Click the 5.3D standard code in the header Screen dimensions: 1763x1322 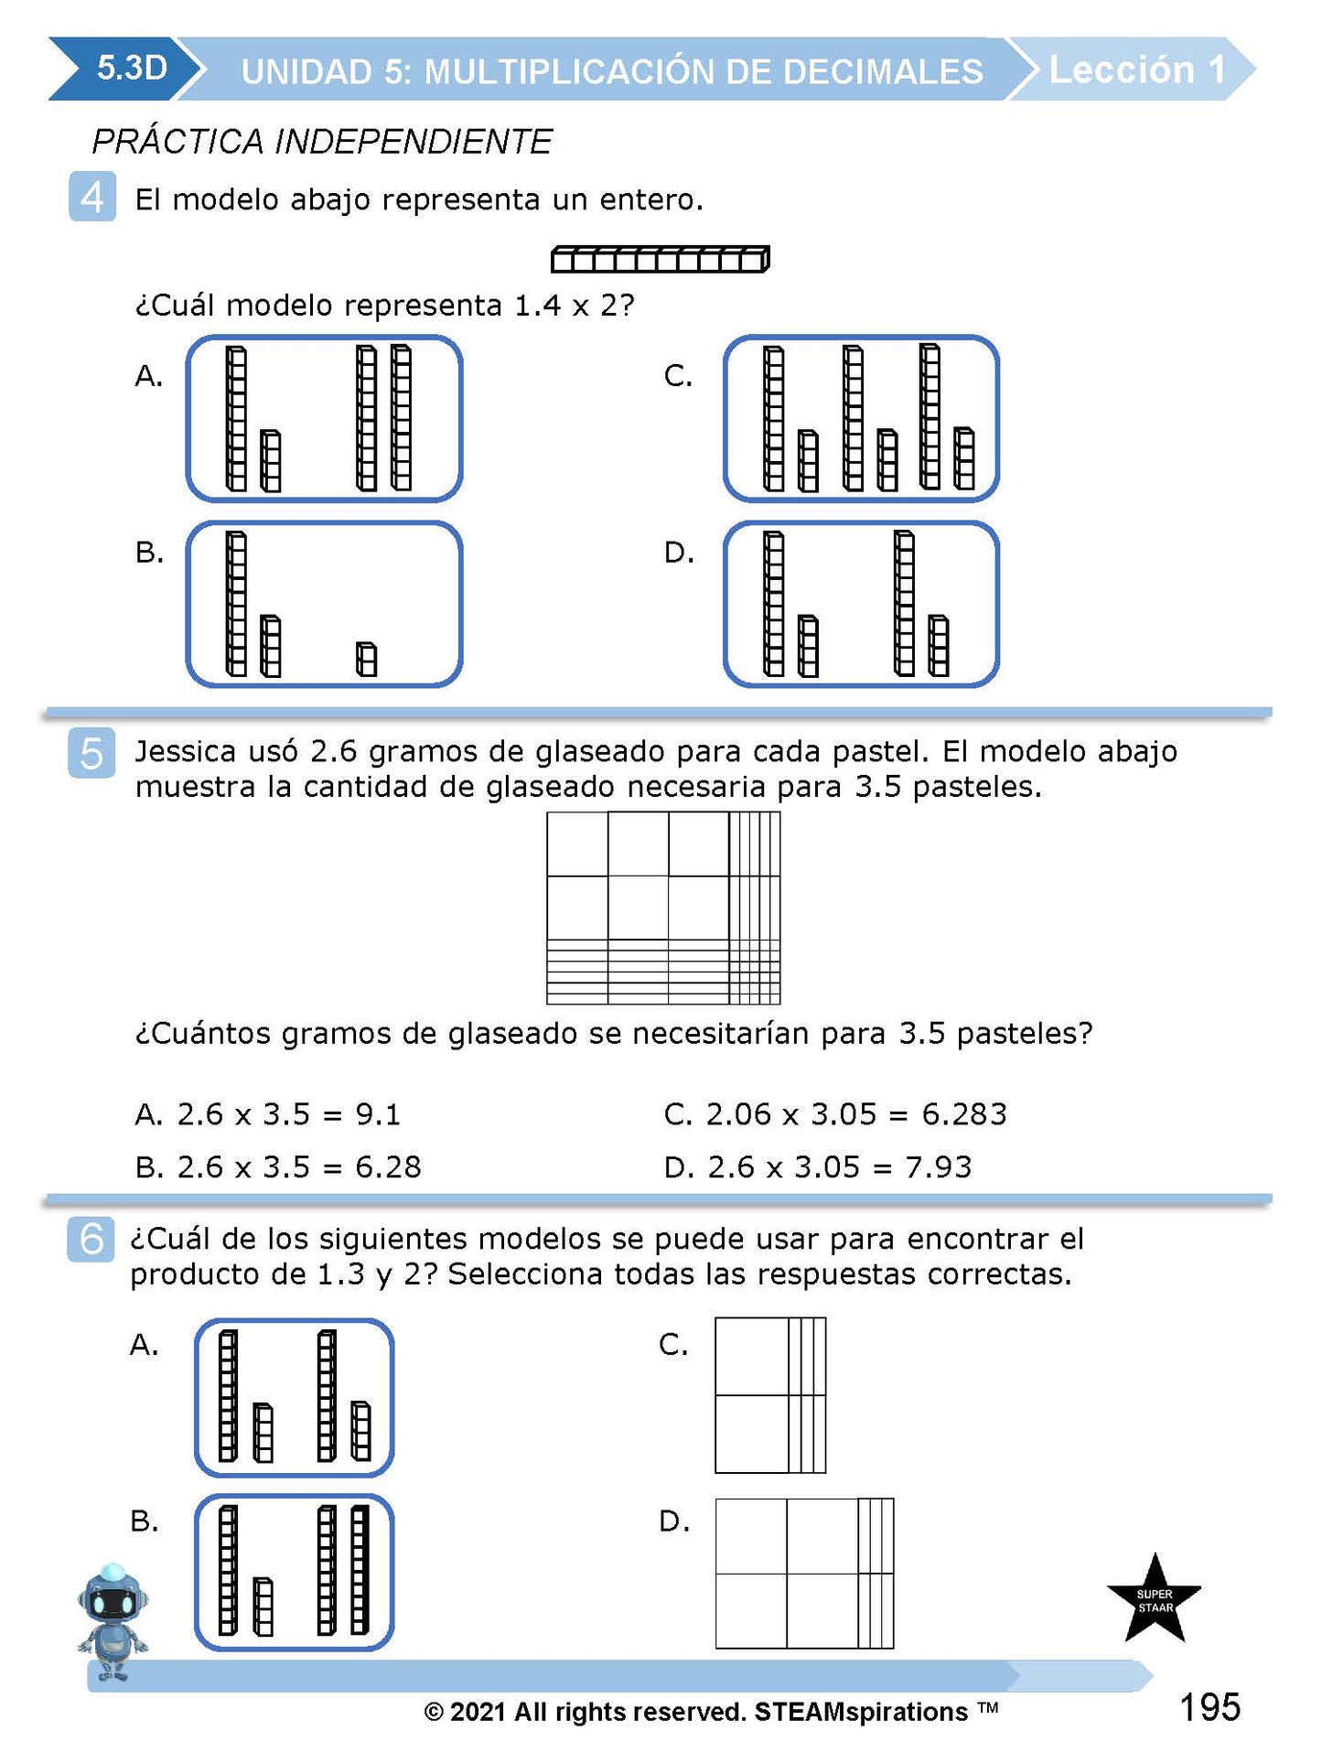(132, 69)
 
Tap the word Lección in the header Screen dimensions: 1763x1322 (1122, 70)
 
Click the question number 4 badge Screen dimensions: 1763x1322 (92, 197)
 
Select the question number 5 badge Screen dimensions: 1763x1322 (91, 753)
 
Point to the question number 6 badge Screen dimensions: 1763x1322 (91, 1240)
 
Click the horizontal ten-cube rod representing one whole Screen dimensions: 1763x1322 (660, 260)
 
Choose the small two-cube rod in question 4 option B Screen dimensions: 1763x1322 (366, 659)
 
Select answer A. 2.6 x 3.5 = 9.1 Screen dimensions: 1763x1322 (267, 1114)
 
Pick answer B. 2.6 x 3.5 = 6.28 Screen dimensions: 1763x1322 (278, 1167)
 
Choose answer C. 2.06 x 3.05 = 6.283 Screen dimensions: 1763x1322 (834, 1114)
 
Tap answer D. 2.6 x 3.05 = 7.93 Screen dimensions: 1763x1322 (817, 1167)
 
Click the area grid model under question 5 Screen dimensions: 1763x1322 (663, 908)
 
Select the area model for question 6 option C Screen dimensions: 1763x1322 (769, 1395)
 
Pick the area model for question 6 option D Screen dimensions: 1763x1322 (803, 1574)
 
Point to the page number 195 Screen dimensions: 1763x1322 (1209, 1707)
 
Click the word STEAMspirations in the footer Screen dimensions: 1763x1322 (860, 1712)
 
